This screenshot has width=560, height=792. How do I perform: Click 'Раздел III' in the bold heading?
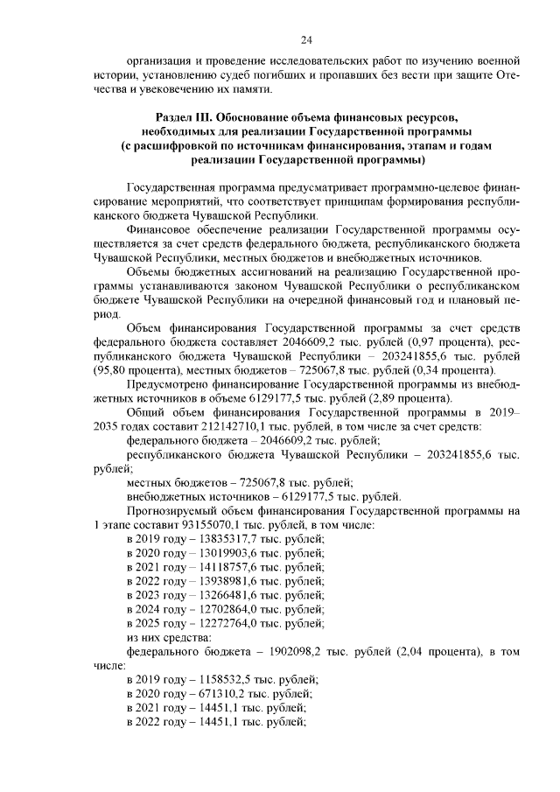point(185,116)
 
